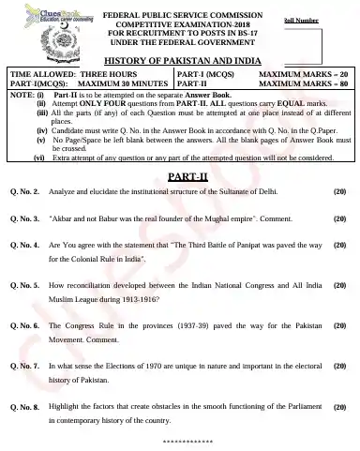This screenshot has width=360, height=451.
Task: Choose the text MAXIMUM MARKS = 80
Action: (303, 83)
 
